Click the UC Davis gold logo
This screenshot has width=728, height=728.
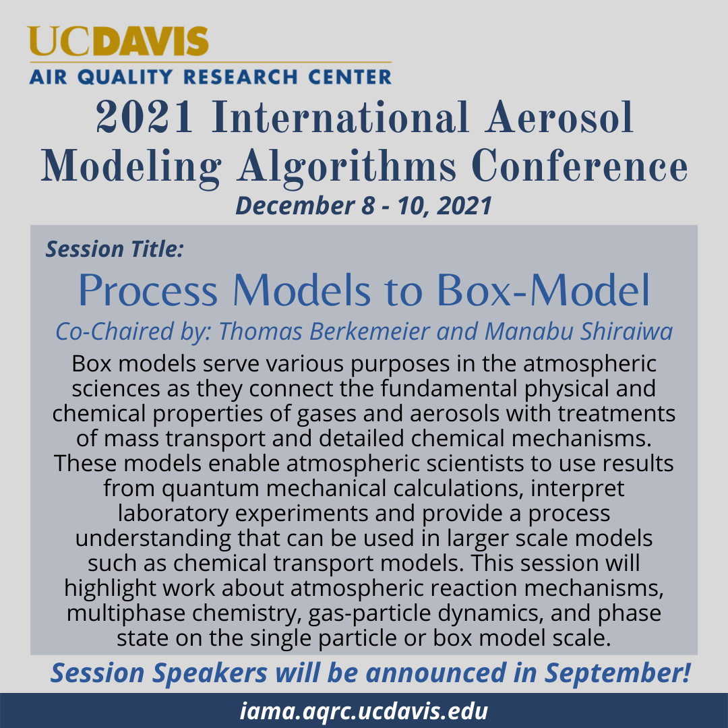118,41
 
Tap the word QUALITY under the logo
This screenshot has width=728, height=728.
125,77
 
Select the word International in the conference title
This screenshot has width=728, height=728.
340,117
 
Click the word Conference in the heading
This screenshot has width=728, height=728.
580,166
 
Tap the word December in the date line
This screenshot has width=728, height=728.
295,205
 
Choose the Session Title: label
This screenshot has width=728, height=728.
115,249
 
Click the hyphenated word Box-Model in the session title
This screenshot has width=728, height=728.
543,290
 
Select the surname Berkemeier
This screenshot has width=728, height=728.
369,332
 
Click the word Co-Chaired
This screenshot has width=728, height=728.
115,332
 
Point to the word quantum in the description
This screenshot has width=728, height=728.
211,489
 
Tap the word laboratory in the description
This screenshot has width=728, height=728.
173,514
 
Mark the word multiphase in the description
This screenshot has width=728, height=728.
126,613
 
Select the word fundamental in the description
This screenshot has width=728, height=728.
449,388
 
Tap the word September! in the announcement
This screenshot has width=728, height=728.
618,673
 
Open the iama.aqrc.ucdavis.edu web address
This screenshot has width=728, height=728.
364,711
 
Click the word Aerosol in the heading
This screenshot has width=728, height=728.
559,117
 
